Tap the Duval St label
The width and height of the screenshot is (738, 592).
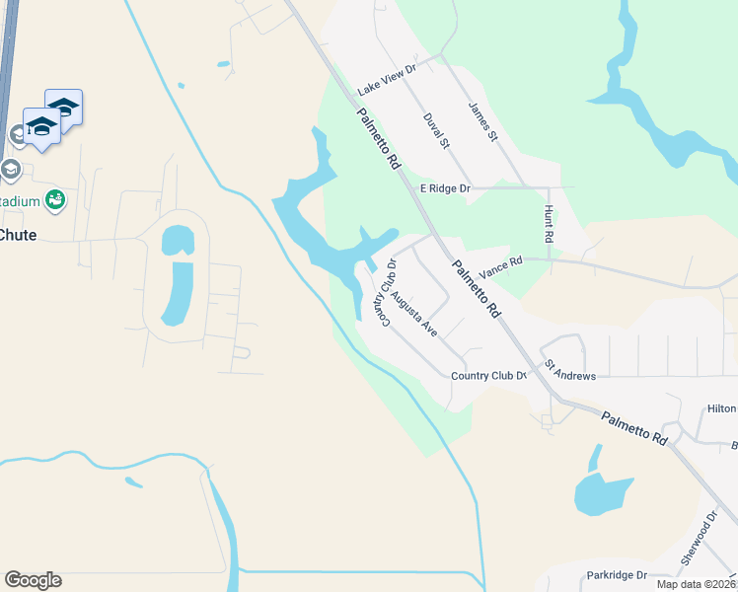tap(436, 130)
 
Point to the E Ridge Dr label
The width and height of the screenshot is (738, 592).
tap(447, 187)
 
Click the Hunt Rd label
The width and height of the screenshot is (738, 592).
tap(549, 225)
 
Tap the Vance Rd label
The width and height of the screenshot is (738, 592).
tap(499, 265)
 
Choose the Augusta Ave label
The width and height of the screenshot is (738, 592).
tap(413, 314)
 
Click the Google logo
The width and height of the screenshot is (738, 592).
tap(33, 580)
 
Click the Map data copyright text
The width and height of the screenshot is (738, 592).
tap(696, 584)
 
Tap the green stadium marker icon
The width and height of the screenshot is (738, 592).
tap(56, 200)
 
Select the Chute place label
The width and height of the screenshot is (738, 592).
tap(18, 234)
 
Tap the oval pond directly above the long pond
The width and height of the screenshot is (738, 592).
tap(178, 239)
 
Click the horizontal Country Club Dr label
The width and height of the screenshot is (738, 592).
tap(489, 376)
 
